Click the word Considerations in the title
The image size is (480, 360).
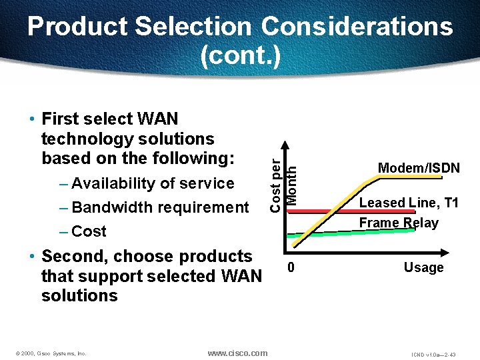click(357, 27)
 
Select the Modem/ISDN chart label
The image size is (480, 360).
click(419, 168)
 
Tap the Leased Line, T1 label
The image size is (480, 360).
click(409, 203)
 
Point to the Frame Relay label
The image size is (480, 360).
click(399, 223)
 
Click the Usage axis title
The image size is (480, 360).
click(423, 267)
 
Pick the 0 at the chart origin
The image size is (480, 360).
click(291, 268)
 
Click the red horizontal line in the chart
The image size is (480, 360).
click(320, 211)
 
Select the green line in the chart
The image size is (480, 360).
click(320, 234)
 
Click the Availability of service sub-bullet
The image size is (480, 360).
click(153, 183)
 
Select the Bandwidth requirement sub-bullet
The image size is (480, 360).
click(160, 207)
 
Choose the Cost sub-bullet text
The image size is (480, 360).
click(89, 231)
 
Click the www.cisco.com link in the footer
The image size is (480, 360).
click(237, 353)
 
